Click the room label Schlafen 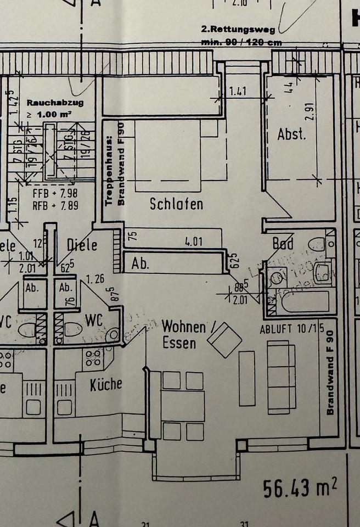[x=176, y=204]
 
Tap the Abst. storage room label [x=291, y=134]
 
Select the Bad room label [x=283, y=243]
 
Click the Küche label [x=106, y=384]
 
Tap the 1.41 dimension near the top [x=238, y=92]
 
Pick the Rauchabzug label [x=50, y=102]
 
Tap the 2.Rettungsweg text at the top [x=242, y=29]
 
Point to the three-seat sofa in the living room [x=281, y=377]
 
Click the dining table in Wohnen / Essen [x=183, y=406]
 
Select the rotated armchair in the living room [x=224, y=340]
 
